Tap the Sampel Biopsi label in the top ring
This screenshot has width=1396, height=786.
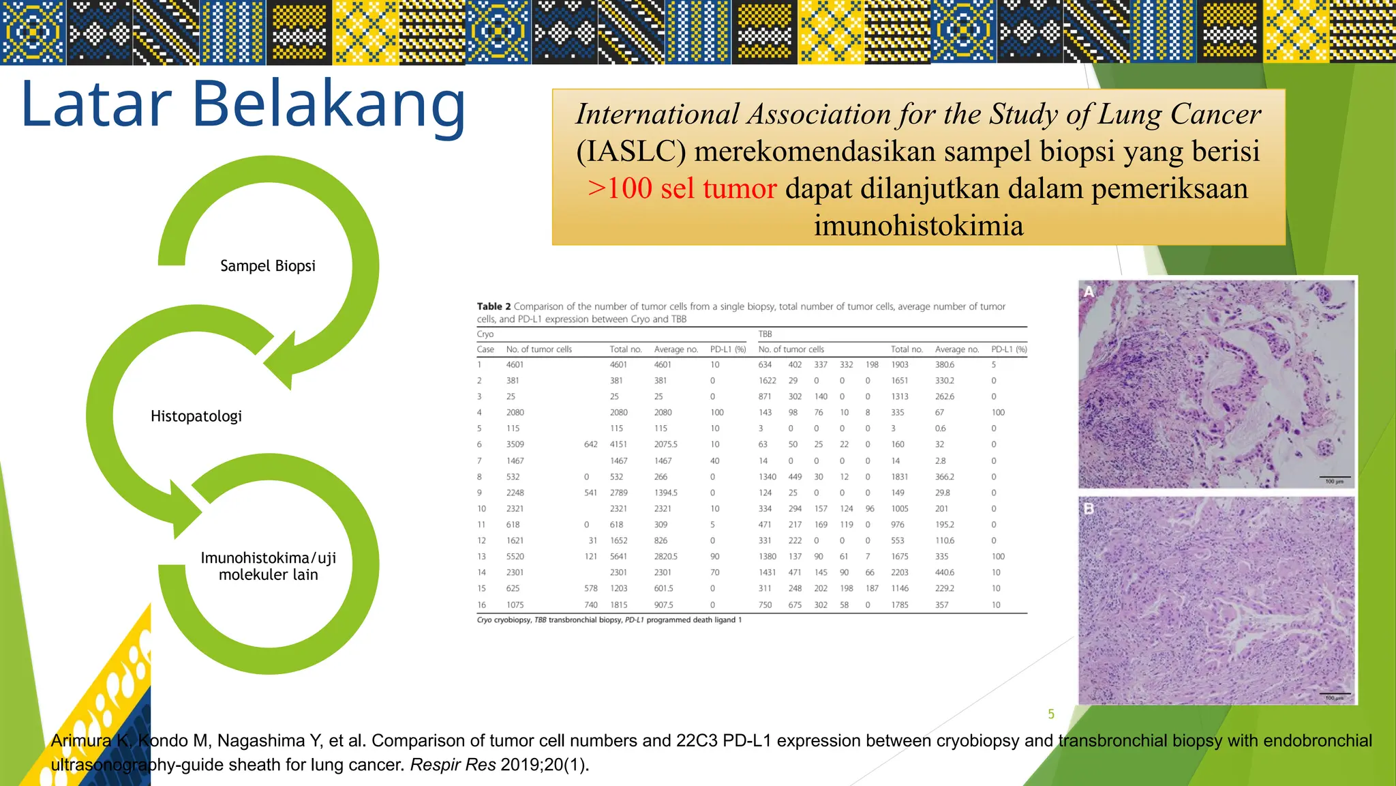(268, 266)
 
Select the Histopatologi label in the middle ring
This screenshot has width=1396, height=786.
(196, 416)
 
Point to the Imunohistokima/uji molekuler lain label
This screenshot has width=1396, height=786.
(268, 566)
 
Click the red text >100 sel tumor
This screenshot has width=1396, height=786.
(682, 188)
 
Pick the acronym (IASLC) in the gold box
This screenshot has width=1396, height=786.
(631, 151)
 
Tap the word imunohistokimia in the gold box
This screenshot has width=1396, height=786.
(918, 225)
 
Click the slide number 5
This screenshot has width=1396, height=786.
(1051, 714)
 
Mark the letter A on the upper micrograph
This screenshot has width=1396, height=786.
(1089, 292)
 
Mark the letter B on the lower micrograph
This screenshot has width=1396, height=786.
(1089, 508)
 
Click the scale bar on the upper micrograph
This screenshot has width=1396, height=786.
(1334, 477)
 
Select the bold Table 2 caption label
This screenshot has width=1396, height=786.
(494, 306)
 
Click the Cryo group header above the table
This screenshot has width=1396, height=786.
(485, 334)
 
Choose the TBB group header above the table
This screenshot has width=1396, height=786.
(765, 334)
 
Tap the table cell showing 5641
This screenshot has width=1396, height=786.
(619, 557)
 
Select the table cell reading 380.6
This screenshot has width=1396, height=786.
(944, 365)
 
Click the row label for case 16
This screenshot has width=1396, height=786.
(481, 605)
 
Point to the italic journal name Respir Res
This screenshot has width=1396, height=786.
(453, 765)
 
